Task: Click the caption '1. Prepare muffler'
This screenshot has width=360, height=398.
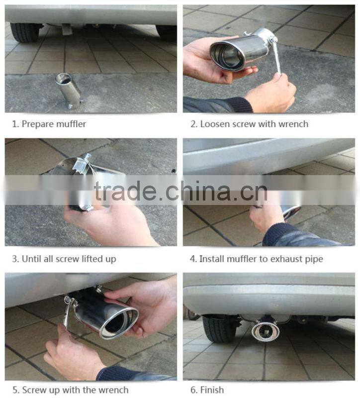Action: pyautogui.click(x=49, y=124)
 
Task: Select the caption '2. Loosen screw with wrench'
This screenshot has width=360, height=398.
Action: pyautogui.click(x=250, y=124)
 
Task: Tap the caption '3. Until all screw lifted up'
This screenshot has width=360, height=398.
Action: pyautogui.click(x=65, y=259)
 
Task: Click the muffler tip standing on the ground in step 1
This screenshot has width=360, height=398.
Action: pyautogui.click(x=69, y=90)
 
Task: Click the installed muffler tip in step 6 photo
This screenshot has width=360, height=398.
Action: pyautogui.click(x=265, y=331)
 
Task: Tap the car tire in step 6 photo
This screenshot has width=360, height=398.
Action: pyautogui.click(x=219, y=328)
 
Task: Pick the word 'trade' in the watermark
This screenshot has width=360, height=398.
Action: pyautogui.click(x=125, y=191)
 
